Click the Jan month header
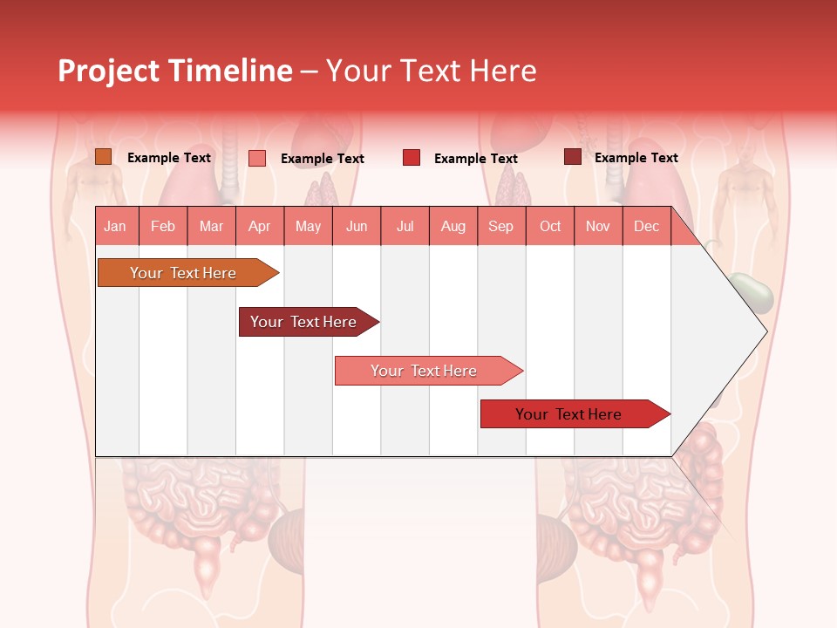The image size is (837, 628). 115,226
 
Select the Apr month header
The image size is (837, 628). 259,226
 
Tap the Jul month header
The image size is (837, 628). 405,226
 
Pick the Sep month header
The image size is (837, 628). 500,226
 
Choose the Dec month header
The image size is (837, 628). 646,226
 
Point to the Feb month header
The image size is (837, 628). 163,226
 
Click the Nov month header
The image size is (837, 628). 597,226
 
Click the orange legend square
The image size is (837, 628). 103,157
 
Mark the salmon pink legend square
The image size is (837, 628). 257,158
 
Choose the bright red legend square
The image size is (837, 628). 412,158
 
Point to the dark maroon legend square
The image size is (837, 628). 572,157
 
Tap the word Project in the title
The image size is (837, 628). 108,71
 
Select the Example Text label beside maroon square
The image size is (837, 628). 636,158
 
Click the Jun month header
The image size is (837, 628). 356,226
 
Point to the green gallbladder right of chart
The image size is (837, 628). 752,293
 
